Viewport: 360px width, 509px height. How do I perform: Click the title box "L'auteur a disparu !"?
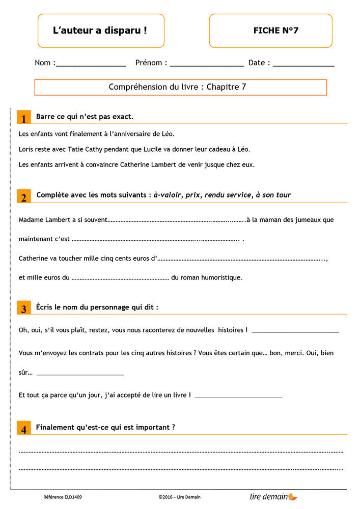(100, 31)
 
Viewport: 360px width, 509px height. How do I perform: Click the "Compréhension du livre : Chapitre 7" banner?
(180, 87)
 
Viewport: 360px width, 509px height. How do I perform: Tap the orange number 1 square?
(23, 118)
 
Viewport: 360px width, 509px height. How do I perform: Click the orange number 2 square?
(23, 196)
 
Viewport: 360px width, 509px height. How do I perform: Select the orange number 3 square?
(23, 308)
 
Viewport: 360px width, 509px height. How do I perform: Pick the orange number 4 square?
(23, 429)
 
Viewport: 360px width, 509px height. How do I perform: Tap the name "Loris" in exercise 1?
(26, 150)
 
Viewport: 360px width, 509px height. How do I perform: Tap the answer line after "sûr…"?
(80, 374)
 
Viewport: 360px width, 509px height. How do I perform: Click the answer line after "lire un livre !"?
(238, 396)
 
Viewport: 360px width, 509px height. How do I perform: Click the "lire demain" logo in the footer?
(273, 497)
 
